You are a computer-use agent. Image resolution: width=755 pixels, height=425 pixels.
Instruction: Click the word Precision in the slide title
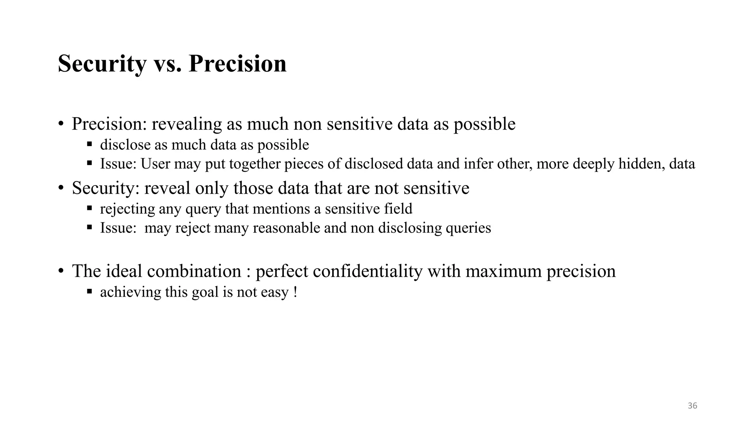(x=237, y=64)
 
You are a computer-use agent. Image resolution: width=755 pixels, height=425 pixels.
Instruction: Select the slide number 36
(x=692, y=406)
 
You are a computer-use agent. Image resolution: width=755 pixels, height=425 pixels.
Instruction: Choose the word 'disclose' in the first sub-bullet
(x=125, y=145)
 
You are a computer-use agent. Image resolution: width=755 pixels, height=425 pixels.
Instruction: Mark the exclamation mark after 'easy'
(x=296, y=292)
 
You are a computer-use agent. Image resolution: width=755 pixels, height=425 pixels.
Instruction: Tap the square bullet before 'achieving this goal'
(x=89, y=291)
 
